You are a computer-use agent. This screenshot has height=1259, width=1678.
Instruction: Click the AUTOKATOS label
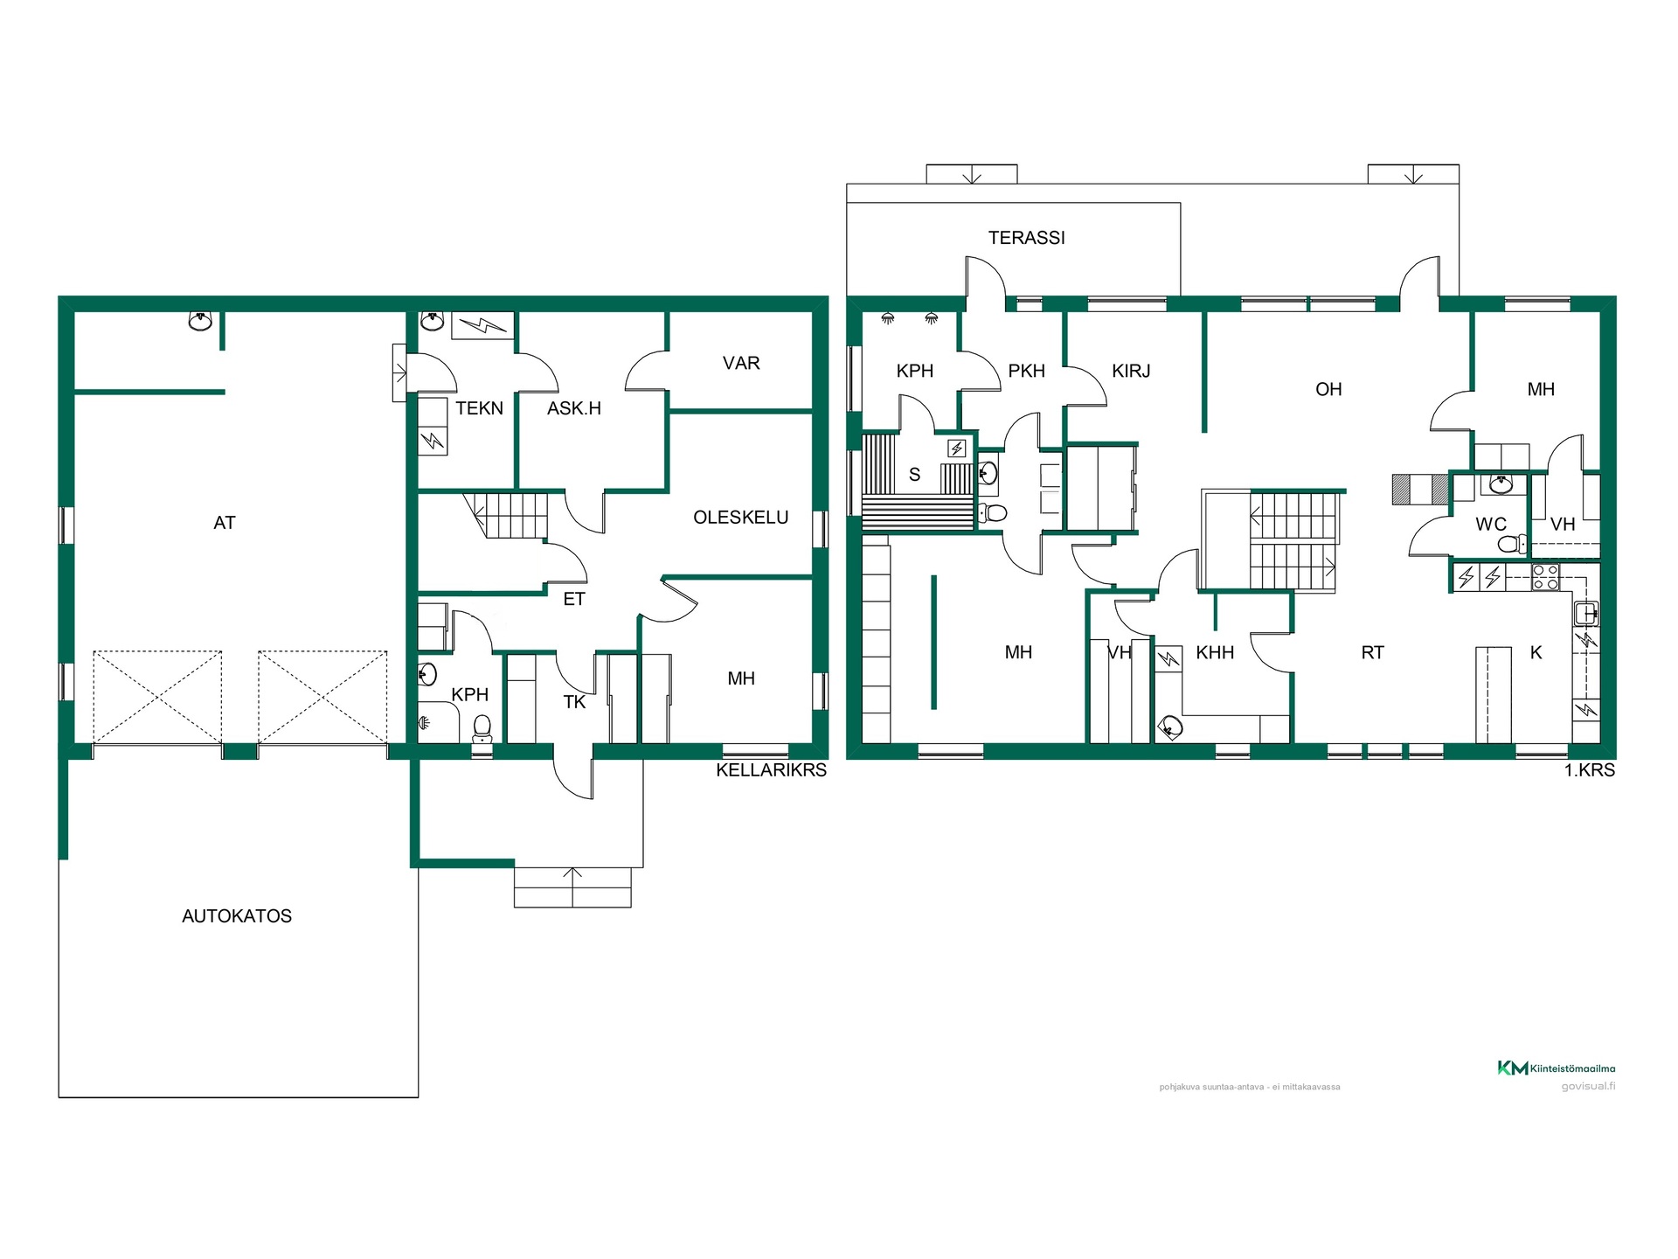click(237, 916)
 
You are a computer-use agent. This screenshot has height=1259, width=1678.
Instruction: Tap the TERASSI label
click(1027, 238)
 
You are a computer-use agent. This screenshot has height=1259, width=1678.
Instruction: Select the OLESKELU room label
click(741, 518)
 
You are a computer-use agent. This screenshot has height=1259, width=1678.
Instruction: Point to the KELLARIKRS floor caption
click(771, 770)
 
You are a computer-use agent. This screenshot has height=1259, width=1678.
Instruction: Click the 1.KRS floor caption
click(1590, 770)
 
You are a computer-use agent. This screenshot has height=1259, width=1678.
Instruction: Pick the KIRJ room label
click(1131, 371)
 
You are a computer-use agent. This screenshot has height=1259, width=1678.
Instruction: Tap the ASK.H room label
click(574, 408)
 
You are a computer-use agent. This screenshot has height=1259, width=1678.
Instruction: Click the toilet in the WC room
click(1511, 544)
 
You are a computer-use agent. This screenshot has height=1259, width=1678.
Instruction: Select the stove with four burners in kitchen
click(1545, 577)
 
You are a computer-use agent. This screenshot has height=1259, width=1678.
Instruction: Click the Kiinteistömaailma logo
click(1557, 1068)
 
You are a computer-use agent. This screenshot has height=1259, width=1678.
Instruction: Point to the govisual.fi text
click(1588, 1087)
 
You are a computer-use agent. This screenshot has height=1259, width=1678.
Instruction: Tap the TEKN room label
click(479, 408)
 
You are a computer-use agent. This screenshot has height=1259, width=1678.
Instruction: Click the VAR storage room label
click(741, 363)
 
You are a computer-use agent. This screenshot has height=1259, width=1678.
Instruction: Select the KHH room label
click(1215, 652)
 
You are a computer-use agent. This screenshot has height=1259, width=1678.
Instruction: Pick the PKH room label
click(1026, 371)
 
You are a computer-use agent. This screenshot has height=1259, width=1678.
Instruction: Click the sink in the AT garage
click(200, 321)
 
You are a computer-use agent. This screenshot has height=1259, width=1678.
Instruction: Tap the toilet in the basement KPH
click(482, 728)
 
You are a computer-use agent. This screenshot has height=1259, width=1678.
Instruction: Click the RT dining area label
click(1372, 652)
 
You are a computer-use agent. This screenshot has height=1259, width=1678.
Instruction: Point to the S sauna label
click(914, 475)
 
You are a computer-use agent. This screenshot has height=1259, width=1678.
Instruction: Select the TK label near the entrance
click(574, 702)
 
